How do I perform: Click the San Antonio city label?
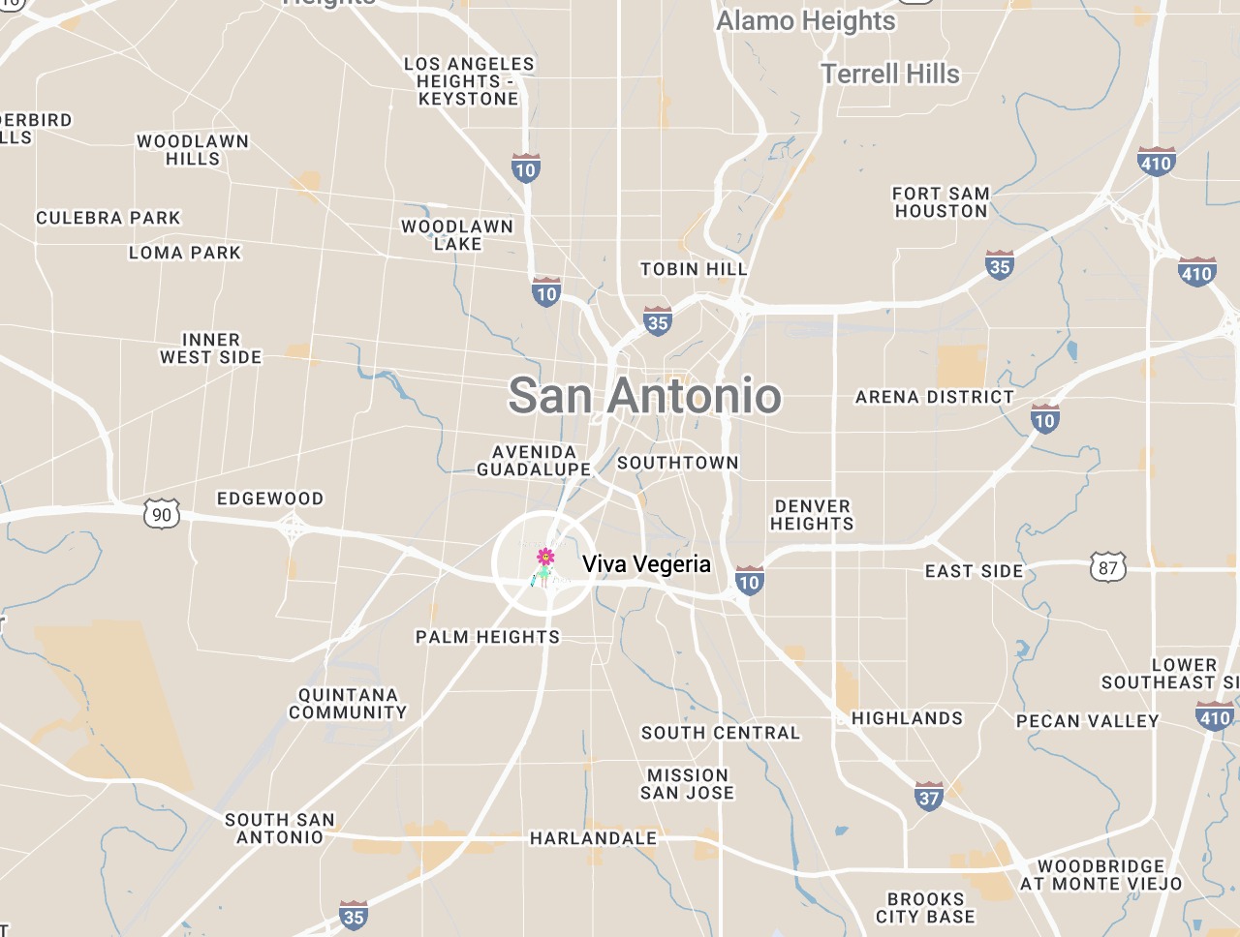644,396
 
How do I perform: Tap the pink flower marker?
545,557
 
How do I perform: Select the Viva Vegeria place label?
646,564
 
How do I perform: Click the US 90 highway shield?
162,514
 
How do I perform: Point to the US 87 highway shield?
1107,568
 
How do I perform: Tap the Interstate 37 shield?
929,797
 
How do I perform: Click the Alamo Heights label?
806,20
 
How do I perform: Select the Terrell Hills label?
890,74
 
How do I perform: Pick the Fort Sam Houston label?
941,202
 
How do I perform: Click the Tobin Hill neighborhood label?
694,269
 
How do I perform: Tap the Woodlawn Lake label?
457,235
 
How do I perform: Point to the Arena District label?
934,397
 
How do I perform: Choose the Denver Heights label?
812,515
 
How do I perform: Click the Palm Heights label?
487,637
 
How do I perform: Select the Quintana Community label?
348,704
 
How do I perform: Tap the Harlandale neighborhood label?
593,838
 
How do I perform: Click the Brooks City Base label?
925,908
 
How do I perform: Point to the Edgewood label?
270,499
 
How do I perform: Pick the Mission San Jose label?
687,784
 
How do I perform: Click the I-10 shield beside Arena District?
1044,419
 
